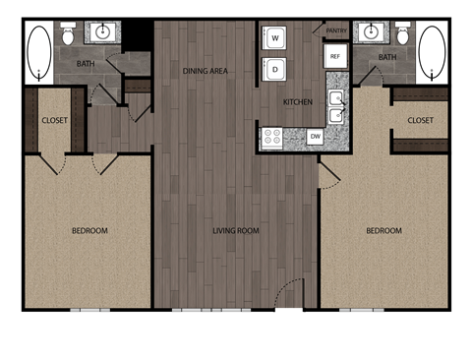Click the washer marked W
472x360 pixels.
pos(275,38)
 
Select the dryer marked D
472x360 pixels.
pos(275,69)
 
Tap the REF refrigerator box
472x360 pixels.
pos(335,57)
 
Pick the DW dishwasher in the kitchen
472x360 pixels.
pos(315,138)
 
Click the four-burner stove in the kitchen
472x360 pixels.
pos(272,138)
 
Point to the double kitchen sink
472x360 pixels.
pos(336,106)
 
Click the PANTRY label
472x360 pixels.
pos(336,30)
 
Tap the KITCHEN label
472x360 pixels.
pos(298,102)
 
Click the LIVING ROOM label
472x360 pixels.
pos(236,231)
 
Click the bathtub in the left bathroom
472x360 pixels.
pos(39,51)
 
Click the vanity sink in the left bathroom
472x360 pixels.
pos(101,32)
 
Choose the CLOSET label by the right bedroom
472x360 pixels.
pos(420,120)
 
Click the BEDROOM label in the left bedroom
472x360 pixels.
pos(89,231)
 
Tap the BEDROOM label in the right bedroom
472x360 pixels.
pos(383,231)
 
